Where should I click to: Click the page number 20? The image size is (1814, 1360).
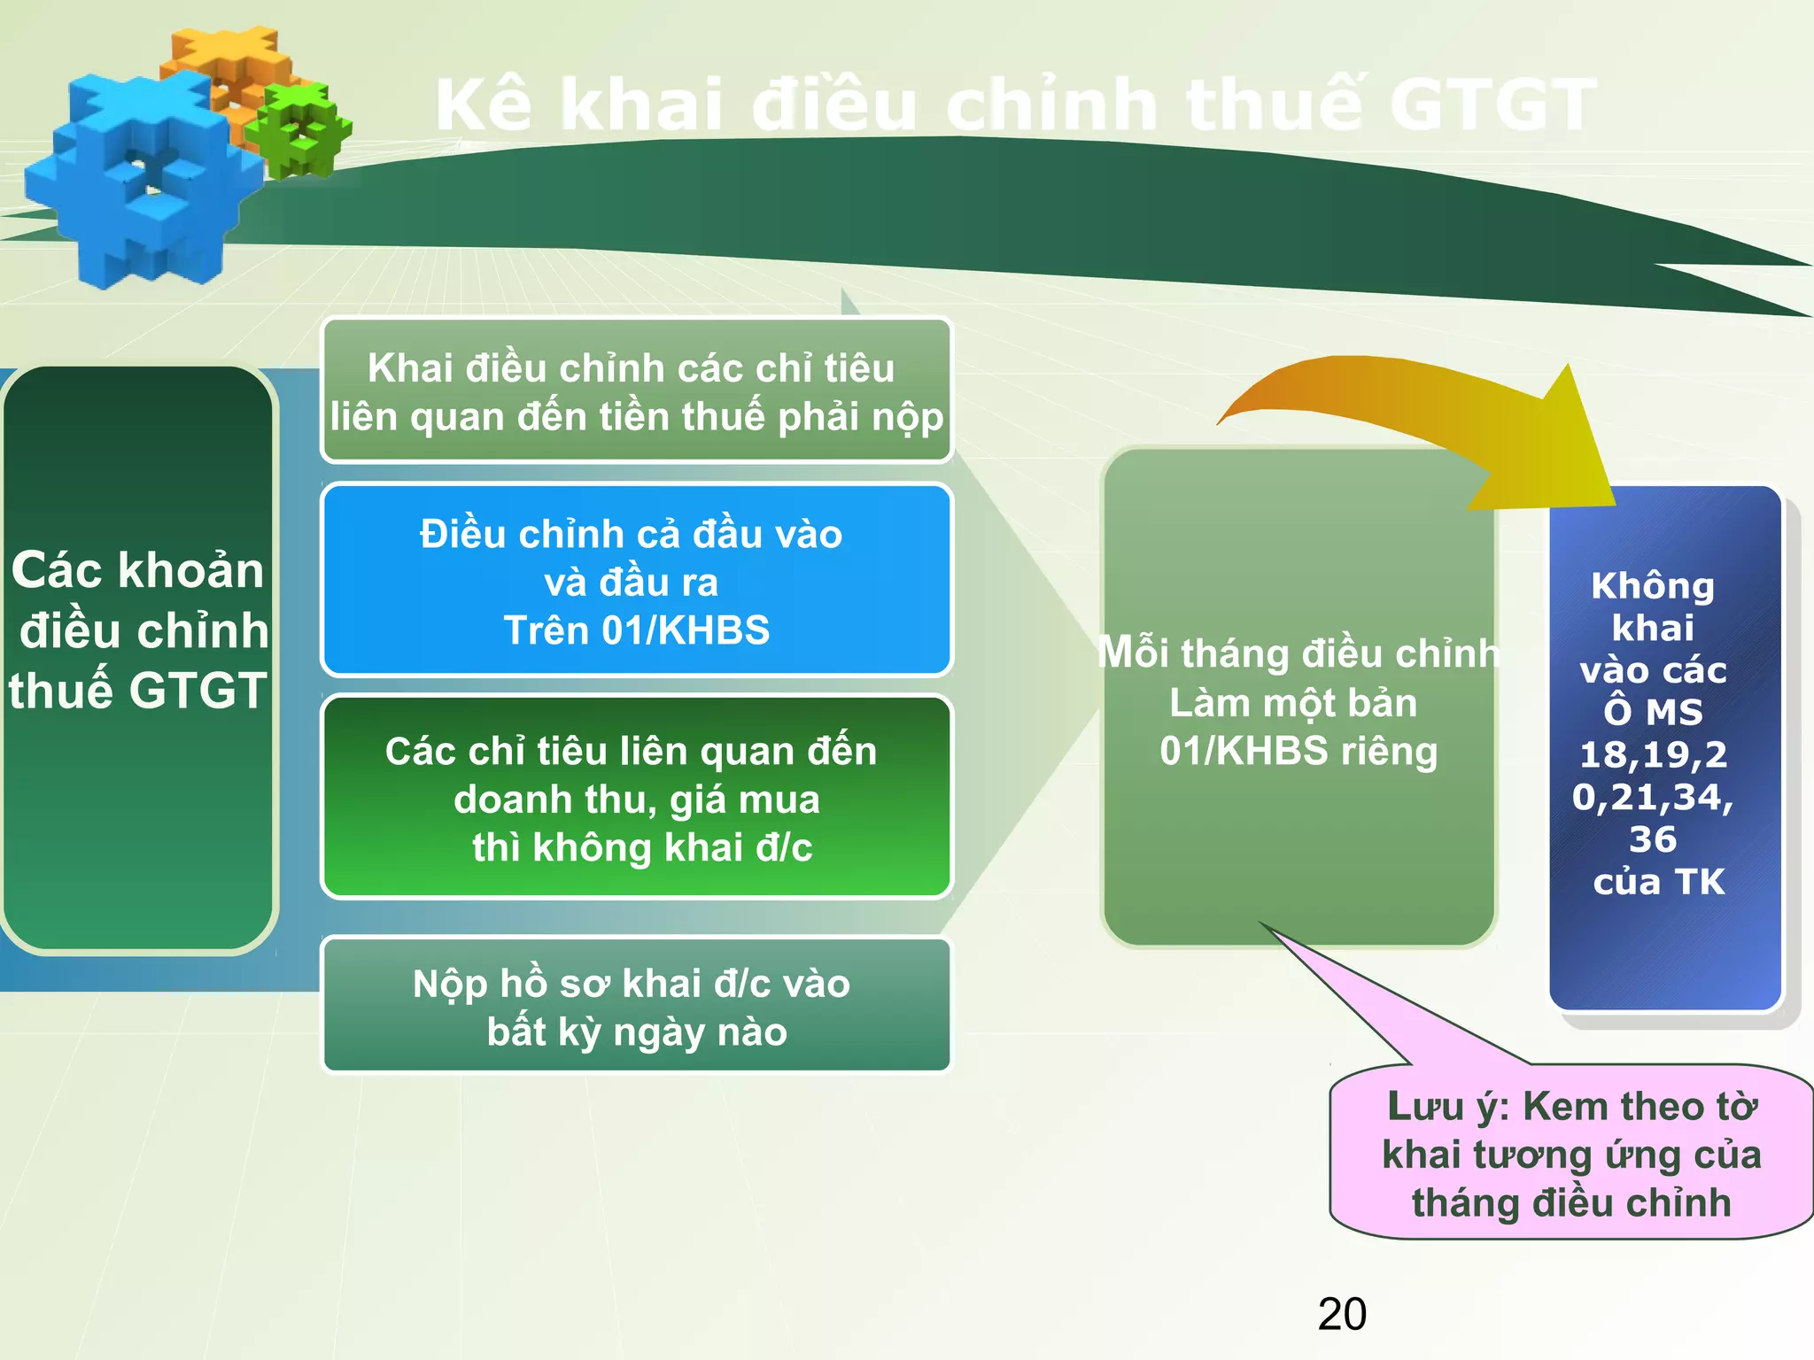(1342, 1314)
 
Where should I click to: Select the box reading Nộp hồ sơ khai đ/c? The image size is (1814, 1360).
(636, 1007)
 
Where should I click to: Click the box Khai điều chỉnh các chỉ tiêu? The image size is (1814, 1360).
(636, 391)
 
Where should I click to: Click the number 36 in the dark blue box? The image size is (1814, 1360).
(1653, 838)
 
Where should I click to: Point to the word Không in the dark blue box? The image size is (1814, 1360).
(1653, 586)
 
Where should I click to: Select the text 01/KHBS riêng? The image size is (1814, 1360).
(1298, 751)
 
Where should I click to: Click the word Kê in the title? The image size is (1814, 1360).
(484, 105)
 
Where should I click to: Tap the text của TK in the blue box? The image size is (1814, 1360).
(1659, 882)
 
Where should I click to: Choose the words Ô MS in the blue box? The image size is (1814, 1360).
(1653, 712)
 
